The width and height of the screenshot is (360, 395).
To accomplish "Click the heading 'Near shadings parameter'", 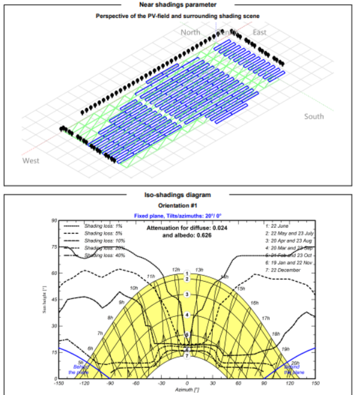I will coord(180,5).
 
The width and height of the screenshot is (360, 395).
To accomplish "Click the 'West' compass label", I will coord(31,161).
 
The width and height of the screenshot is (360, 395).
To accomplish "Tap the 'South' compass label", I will coord(314,116).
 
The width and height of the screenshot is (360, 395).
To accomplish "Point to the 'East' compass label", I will coord(259,32).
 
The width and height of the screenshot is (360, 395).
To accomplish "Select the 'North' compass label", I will coord(190,32).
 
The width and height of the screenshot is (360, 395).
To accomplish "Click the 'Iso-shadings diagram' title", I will coord(180,195).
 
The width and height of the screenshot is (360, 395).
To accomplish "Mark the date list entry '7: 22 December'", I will coord(283,271).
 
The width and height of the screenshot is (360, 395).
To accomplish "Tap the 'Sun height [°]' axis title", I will coord(44,300).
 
